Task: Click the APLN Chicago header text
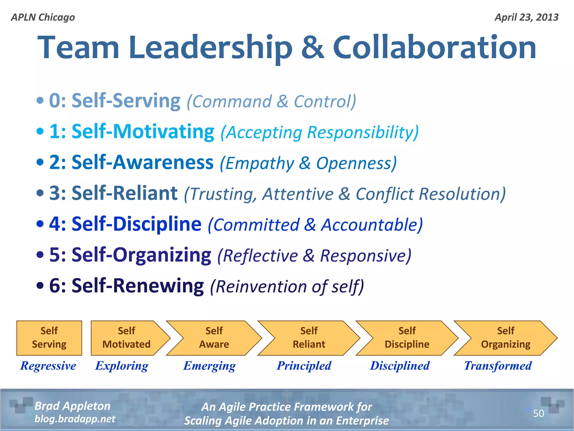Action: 43,17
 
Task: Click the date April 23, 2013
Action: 526,17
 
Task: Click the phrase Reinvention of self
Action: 287,286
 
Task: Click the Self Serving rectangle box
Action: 49,338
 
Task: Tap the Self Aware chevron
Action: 214,338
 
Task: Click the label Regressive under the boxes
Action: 48,366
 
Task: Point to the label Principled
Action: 304,366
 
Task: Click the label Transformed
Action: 498,366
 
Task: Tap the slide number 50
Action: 538,413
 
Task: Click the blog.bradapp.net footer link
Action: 75,419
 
